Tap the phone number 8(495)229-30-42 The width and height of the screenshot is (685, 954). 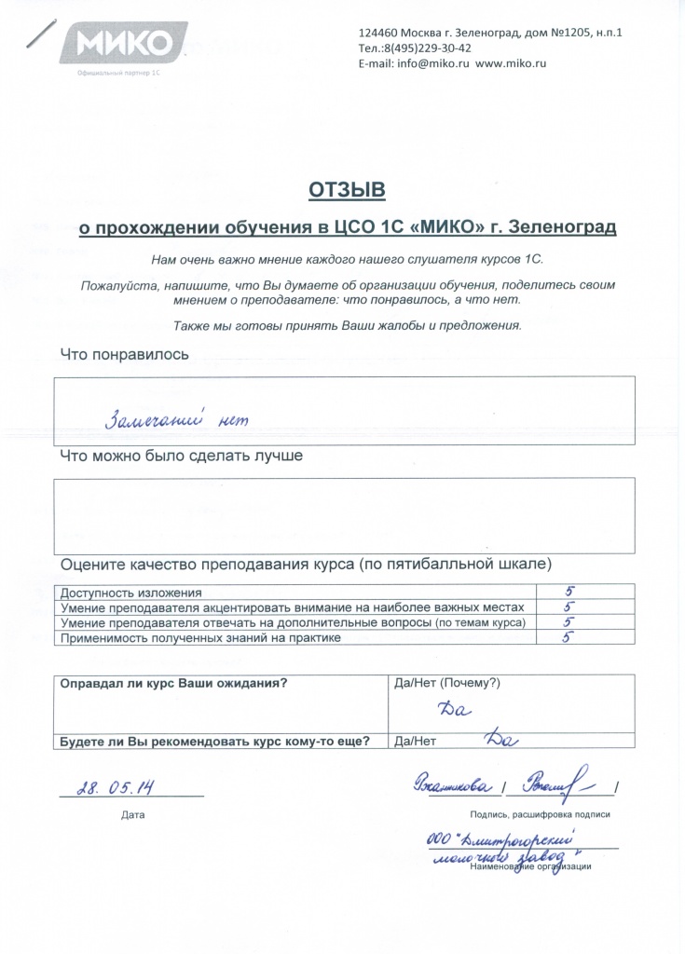click(424, 48)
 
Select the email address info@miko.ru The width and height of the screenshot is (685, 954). click(426, 63)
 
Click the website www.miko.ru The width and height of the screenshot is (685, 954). click(511, 63)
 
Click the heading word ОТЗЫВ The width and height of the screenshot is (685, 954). click(347, 191)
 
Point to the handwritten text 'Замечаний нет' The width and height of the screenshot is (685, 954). click(178, 419)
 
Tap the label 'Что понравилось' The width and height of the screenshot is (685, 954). click(125, 354)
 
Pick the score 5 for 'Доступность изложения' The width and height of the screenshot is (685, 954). click(569, 592)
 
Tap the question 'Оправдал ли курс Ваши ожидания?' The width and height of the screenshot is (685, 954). click(173, 683)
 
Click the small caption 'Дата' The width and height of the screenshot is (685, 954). click(133, 815)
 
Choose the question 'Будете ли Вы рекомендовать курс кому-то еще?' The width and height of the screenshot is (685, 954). click(215, 743)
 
